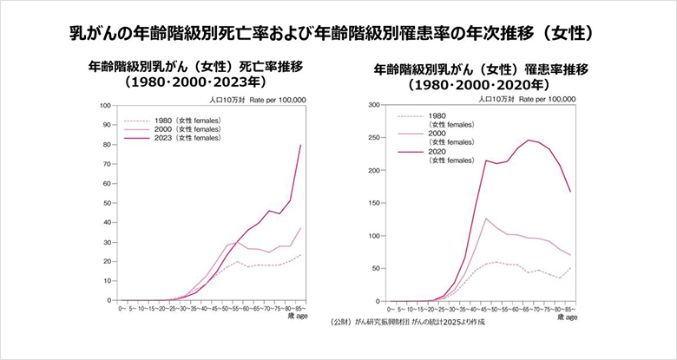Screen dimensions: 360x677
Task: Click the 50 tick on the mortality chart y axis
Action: (x=105, y=203)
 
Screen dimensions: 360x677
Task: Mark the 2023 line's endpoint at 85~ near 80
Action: (x=300, y=145)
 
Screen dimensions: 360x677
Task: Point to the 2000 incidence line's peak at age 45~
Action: (x=486, y=219)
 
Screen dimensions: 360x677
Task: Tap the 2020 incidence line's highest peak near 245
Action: (x=528, y=141)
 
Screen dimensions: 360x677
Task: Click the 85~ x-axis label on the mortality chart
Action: (x=299, y=309)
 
